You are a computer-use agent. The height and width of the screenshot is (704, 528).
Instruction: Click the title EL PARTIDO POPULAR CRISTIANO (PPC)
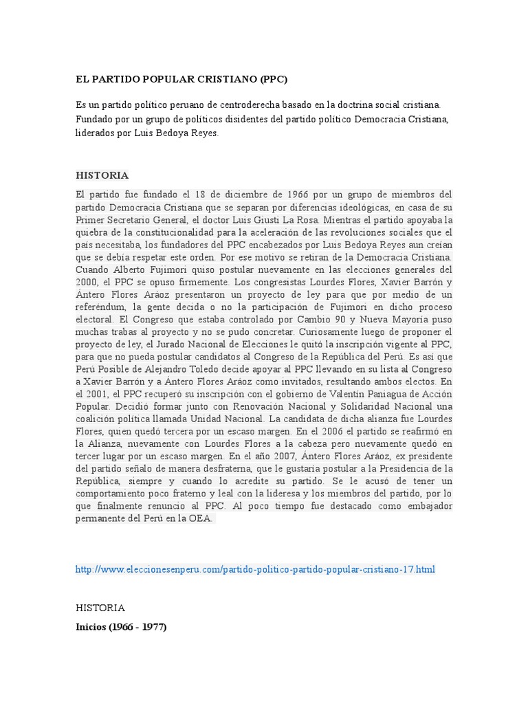pos(181,80)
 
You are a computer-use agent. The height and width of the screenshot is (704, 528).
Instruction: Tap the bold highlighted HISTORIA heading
pos(102,175)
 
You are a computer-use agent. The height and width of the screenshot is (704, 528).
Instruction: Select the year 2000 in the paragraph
pos(87,281)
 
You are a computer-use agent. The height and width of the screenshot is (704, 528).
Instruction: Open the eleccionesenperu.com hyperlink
pos(255,569)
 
